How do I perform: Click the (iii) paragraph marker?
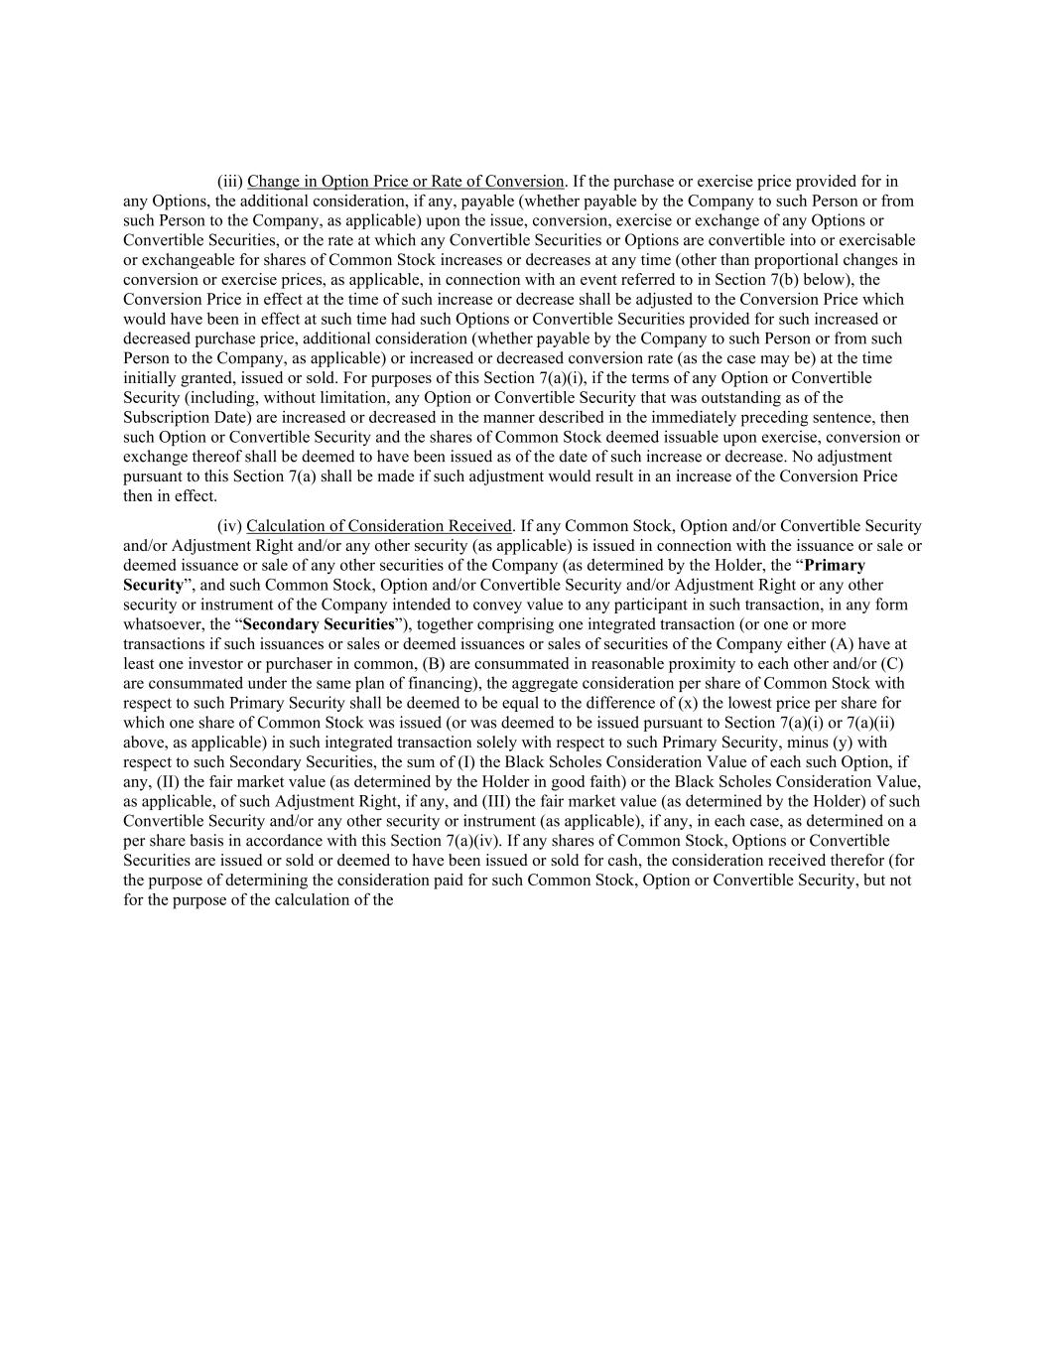click(229, 182)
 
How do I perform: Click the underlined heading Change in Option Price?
click(405, 182)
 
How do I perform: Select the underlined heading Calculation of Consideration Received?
click(379, 526)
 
